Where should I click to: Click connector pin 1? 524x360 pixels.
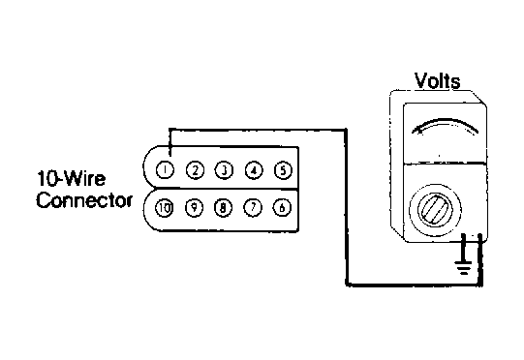pyautogui.click(x=165, y=170)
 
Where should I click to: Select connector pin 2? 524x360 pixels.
pyautogui.click(x=195, y=170)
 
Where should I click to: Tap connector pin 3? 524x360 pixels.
pyautogui.click(x=225, y=170)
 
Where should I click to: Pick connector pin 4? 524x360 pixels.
pyautogui.click(x=254, y=170)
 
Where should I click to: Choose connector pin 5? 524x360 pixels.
pyautogui.click(x=283, y=170)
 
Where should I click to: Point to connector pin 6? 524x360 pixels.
pyautogui.click(x=282, y=207)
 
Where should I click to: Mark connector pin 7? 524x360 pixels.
pyautogui.click(x=253, y=208)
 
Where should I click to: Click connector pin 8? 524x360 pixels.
pyautogui.click(x=223, y=208)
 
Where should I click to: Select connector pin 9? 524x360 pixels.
pyautogui.click(x=194, y=208)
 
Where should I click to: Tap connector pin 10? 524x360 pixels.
pyautogui.click(x=164, y=208)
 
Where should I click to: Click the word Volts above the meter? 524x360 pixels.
pyautogui.click(x=437, y=80)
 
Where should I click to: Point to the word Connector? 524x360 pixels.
pyautogui.click(x=84, y=200)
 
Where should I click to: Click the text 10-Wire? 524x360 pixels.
pyautogui.click(x=71, y=178)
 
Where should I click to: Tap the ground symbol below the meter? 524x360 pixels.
pyautogui.click(x=463, y=267)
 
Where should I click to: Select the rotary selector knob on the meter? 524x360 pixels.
pyautogui.click(x=436, y=210)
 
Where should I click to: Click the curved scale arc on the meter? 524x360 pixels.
pyautogui.click(x=446, y=119)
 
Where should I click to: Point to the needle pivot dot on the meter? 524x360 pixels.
pyautogui.click(x=439, y=156)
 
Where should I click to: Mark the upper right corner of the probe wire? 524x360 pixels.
pyautogui.click(x=346, y=130)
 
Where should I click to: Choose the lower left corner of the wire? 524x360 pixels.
pyautogui.click(x=347, y=285)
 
